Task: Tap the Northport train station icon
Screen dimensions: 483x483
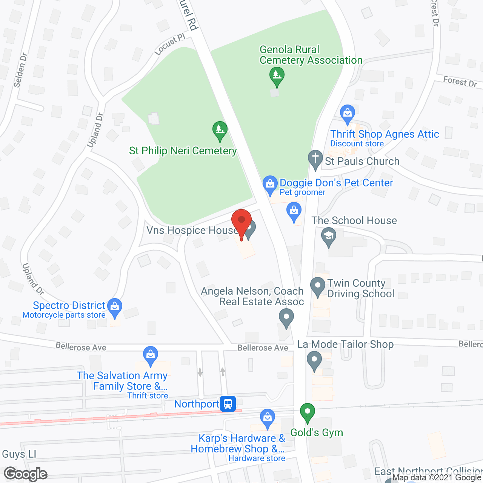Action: click(x=228, y=404)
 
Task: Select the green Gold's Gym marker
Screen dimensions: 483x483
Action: click(x=308, y=412)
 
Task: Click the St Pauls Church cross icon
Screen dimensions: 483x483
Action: click(x=315, y=159)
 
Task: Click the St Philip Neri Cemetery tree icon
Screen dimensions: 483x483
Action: click(x=220, y=130)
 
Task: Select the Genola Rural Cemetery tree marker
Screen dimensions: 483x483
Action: click(x=277, y=76)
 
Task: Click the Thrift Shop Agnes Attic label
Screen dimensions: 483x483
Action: click(x=385, y=134)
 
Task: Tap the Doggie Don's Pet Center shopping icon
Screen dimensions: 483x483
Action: click(x=270, y=185)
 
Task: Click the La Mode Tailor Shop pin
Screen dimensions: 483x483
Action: click(x=314, y=360)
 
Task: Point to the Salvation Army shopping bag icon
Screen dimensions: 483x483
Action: click(x=151, y=355)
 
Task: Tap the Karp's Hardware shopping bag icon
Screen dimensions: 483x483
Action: click(x=268, y=418)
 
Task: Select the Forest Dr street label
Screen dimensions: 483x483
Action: click(x=460, y=82)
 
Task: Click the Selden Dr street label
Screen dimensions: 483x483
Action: click(x=20, y=70)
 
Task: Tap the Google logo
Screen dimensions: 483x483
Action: click(x=26, y=474)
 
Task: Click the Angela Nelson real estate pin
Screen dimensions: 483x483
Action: click(x=286, y=317)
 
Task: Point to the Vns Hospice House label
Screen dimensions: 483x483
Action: click(x=192, y=230)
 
